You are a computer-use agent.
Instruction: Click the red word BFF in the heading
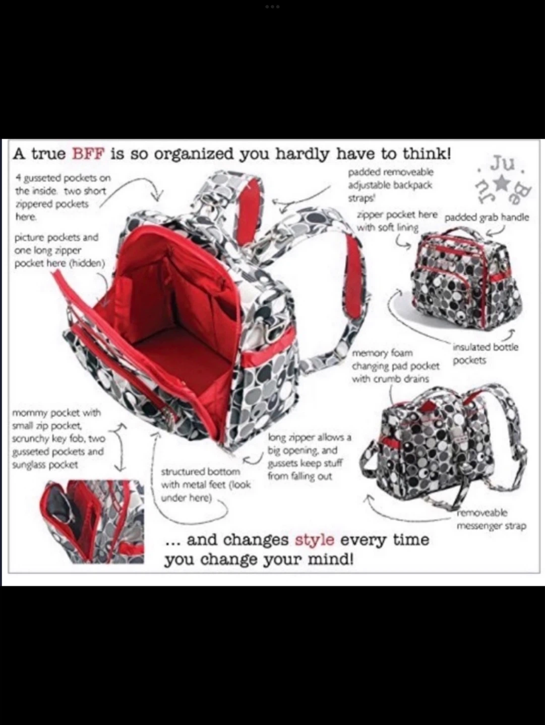click(x=87, y=155)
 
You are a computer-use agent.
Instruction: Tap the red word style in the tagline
click(x=314, y=540)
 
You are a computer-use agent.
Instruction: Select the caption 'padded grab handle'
click(x=487, y=217)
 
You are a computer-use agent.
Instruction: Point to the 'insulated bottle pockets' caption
click(x=485, y=353)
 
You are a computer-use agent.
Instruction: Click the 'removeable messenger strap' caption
click(x=491, y=519)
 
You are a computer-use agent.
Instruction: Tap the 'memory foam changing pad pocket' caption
click(x=396, y=366)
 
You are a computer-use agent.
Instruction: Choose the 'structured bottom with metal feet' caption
click(x=206, y=484)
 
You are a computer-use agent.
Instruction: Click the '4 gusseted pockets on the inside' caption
click(x=63, y=197)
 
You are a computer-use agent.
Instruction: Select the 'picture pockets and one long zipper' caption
click(x=59, y=250)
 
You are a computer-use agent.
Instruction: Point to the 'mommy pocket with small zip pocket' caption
click(x=58, y=439)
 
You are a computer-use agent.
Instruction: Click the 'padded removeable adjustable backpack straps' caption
click(x=391, y=185)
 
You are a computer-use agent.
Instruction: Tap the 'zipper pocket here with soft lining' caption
click(x=397, y=221)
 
